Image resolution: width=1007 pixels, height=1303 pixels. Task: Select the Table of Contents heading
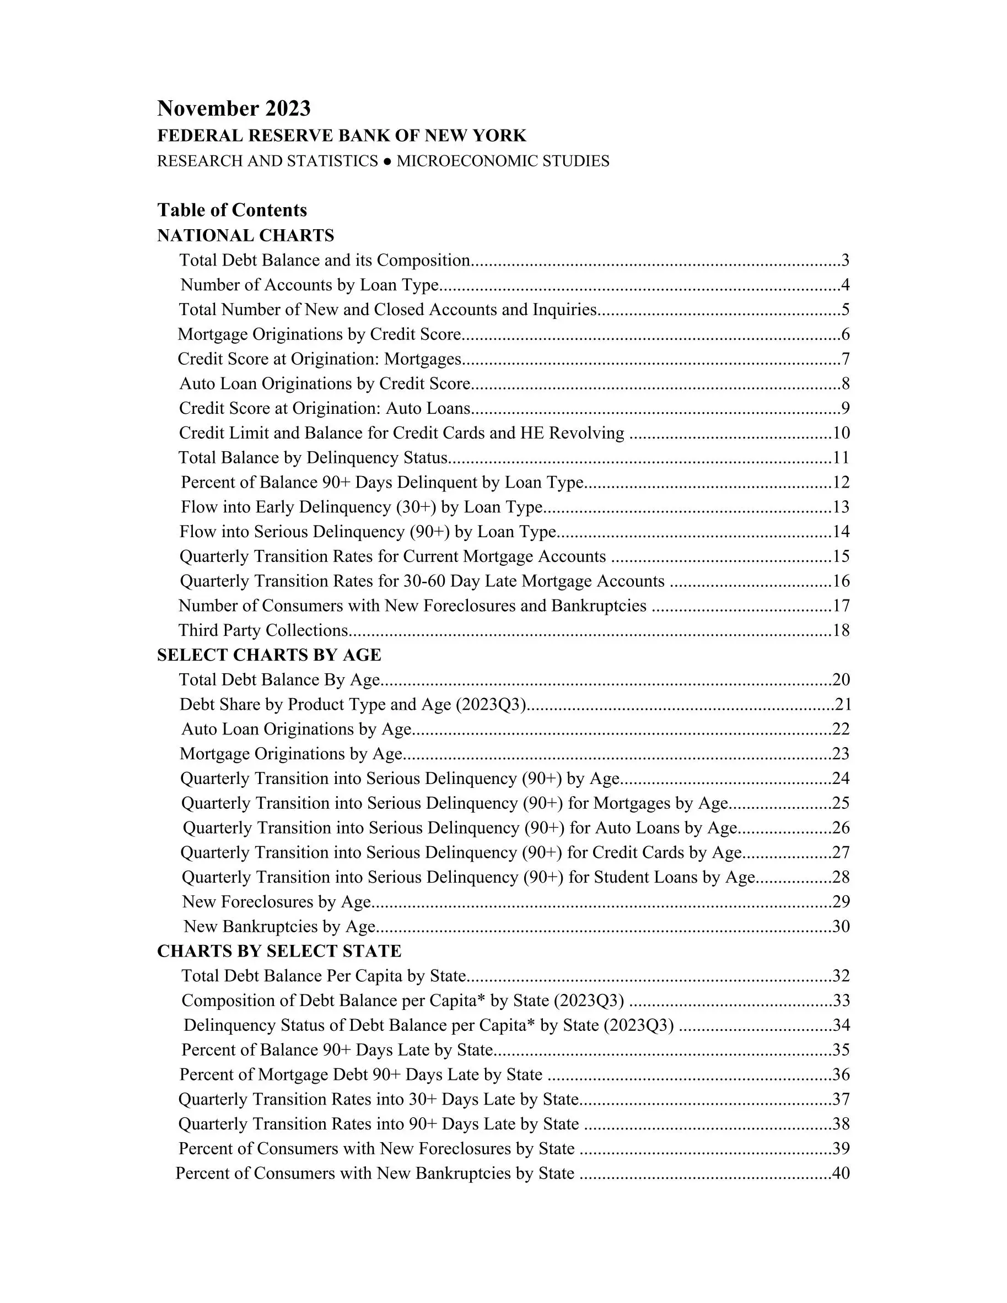pyautogui.click(x=231, y=210)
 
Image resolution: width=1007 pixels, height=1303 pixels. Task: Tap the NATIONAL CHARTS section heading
pyautogui.click(x=245, y=236)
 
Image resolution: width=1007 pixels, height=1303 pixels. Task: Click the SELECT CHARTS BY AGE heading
pyautogui.click(x=268, y=655)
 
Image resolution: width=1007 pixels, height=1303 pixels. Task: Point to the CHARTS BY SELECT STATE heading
pyautogui.click(x=279, y=951)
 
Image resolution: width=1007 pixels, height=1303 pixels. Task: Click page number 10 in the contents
pyautogui.click(x=841, y=433)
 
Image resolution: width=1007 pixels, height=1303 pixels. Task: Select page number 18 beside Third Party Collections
pyautogui.click(x=841, y=631)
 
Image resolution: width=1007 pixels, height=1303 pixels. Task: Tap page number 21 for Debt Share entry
pyautogui.click(x=843, y=705)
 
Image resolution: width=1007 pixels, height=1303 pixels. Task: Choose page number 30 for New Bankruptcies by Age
pyautogui.click(x=841, y=927)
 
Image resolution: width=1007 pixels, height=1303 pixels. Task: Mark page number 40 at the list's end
pyautogui.click(x=841, y=1174)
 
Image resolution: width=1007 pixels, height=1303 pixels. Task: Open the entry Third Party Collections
pyautogui.click(x=263, y=631)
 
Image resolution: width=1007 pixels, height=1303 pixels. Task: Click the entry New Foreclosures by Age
pyautogui.click(x=276, y=902)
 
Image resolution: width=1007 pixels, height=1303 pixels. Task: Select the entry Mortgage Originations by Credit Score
pyautogui.click(x=319, y=334)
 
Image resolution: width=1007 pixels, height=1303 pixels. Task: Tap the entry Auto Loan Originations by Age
pyautogui.click(x=296, y=729)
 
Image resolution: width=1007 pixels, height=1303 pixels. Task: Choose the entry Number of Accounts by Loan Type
pyautogui.click(x=309, y=285)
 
